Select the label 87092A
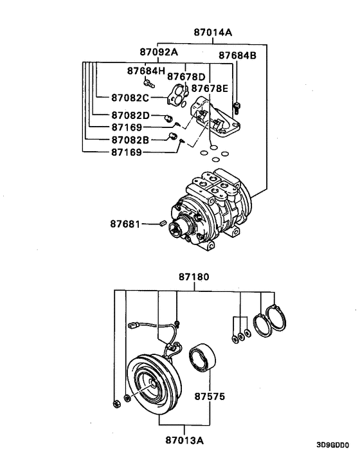click(x=159, y=51)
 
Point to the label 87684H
click(x=145, y=70)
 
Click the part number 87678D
click(x=186, y=77)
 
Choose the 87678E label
click(x=204, y=88)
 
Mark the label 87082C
click(x=130, y=98)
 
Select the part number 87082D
click(x=130, y=115)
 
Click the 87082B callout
click(x=130, y=140)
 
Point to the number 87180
click(x=194, y=278)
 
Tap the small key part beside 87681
click(x=163, y=222)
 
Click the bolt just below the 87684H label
click(x=149, y=82)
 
